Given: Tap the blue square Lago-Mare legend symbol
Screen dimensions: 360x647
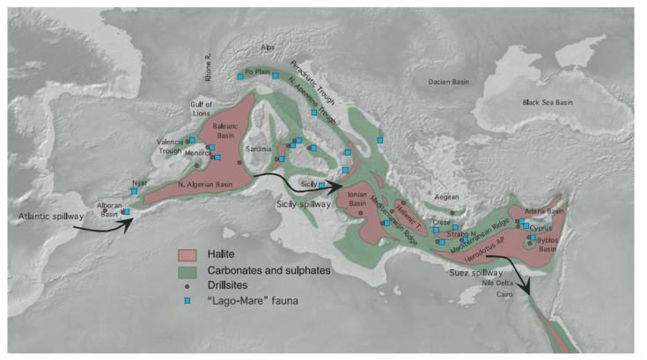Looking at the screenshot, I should coord(186,300).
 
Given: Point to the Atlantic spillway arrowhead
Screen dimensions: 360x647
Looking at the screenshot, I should coord(130,219).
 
